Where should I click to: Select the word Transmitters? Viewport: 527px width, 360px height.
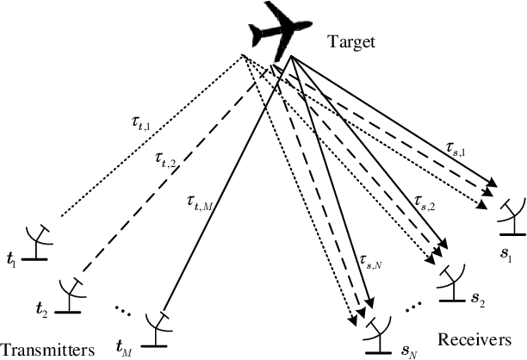47,350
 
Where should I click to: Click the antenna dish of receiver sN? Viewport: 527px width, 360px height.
376,326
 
